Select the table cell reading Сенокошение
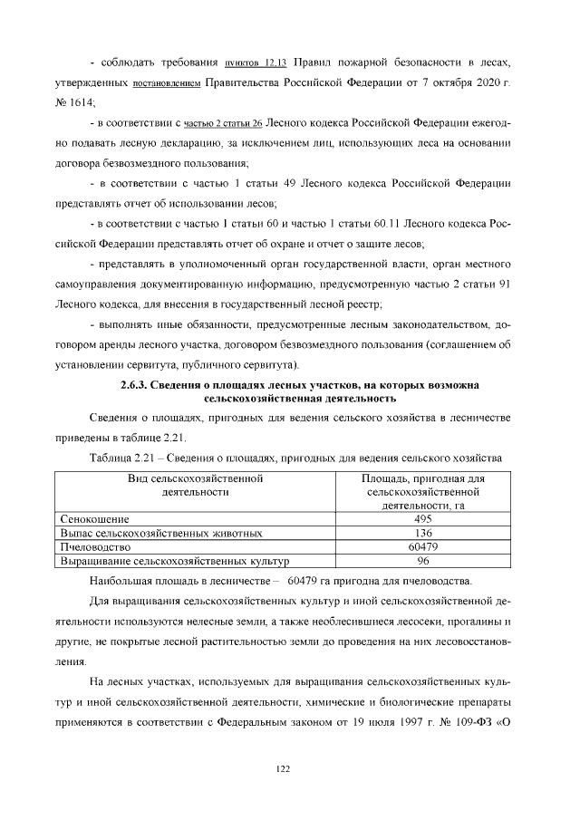click(x=94, y=519)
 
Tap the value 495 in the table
click(x=423, y=519)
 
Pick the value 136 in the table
click(x=423, y=534)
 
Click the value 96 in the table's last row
click(x=423, y=561)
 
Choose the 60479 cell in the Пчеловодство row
click(x=423, y=547)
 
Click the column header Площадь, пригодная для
click(x=423, y=478)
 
